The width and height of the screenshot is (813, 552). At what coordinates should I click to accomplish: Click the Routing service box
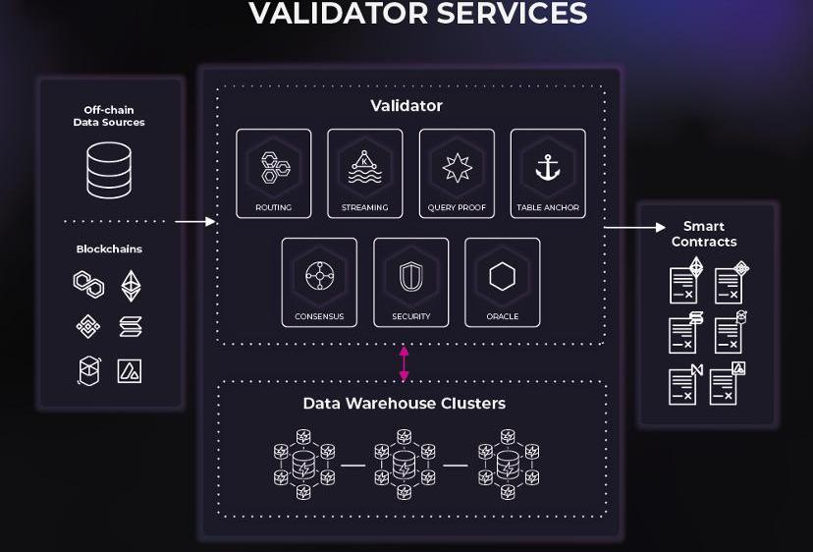click(x=273, y=174)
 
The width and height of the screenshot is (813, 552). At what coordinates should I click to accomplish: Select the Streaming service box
click(x=364, y=174)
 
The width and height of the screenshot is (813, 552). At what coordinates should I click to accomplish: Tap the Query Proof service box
click(x=457, y=174)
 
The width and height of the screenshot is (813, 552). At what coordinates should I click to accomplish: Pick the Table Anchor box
click(x=548, y=174)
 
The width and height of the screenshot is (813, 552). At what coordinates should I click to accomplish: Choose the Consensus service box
click(x=319, y=283)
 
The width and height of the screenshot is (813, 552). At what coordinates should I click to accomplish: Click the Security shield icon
click(x=410, y=276)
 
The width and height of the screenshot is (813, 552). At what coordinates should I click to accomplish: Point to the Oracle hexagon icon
click(x=502, y=276)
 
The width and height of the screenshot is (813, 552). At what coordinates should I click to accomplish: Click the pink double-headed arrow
click(x=404, y=363)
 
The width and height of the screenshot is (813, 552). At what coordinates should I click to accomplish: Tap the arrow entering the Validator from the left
click(x=195, y=222)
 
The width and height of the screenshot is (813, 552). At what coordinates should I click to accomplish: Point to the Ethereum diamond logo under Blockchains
click(x=131, y=286)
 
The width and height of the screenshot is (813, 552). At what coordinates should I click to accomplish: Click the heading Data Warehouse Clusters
click(x=404, y=404)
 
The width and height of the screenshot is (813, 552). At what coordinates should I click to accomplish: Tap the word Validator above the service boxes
click(x=406, y=106)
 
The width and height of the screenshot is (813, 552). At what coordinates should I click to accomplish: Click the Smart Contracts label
click(x=703, y=235)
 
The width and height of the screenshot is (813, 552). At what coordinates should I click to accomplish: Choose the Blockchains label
click(x=109, y=249)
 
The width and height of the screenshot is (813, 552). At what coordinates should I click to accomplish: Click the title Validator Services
click(x=418, y=14)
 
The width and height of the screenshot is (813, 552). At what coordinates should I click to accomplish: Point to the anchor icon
click(x=548, y=167)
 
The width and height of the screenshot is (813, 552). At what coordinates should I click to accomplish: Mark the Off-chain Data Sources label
click(x=109, y=116)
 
